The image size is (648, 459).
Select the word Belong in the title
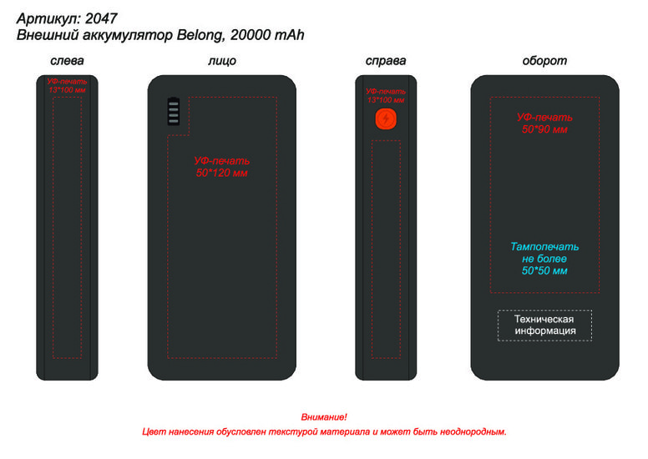pos(200,34)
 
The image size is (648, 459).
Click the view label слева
pos(67,61)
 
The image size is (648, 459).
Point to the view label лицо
pos(221,61)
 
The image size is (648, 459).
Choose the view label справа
pos(386,61)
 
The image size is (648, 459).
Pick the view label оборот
pos(544,61)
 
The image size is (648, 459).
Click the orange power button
pos(385,119)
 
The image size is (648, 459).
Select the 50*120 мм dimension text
pos(222,173)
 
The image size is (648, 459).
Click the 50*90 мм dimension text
pos(544,129)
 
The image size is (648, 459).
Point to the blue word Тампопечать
pos(544,247)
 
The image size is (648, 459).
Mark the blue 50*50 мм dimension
pos(544,270)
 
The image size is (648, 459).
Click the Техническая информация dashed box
pos(544,325)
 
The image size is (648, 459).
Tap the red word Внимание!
pos(324,416)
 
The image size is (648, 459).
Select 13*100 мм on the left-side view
pos(67,89)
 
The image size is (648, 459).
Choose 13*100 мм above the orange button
pos(385,99)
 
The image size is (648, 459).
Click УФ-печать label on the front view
pos(222,160)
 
